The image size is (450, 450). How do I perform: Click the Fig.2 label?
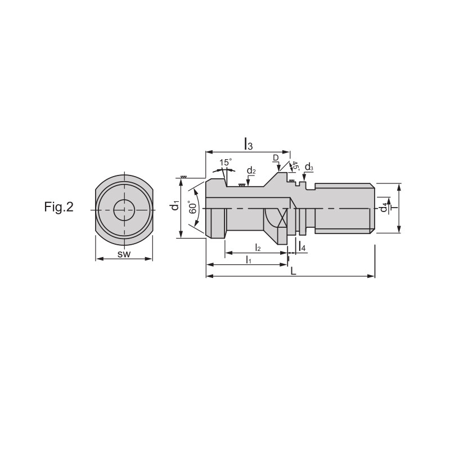(59, 207)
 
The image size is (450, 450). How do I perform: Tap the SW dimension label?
(124, 254)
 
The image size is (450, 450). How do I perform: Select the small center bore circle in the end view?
(124, 210)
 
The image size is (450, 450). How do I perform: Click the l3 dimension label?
(248, 143)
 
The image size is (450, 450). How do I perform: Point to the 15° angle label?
(226, 163)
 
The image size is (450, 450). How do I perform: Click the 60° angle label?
(193, 207)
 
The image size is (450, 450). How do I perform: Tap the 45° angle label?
(295, 166)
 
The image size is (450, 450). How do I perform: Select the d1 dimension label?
(175, 205)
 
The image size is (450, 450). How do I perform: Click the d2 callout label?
(251, 171)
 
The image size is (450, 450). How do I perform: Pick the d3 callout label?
(309, 167)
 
